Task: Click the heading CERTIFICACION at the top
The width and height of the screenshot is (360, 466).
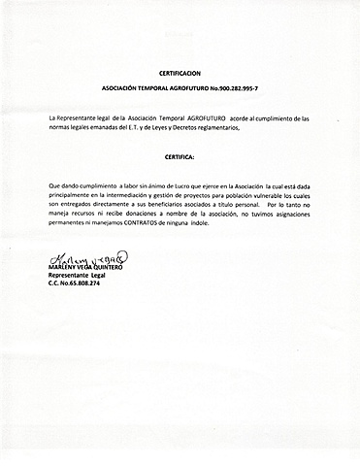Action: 180,73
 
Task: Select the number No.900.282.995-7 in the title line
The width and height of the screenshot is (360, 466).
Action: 239,87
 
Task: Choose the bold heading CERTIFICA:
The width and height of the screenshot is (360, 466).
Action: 180,155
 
